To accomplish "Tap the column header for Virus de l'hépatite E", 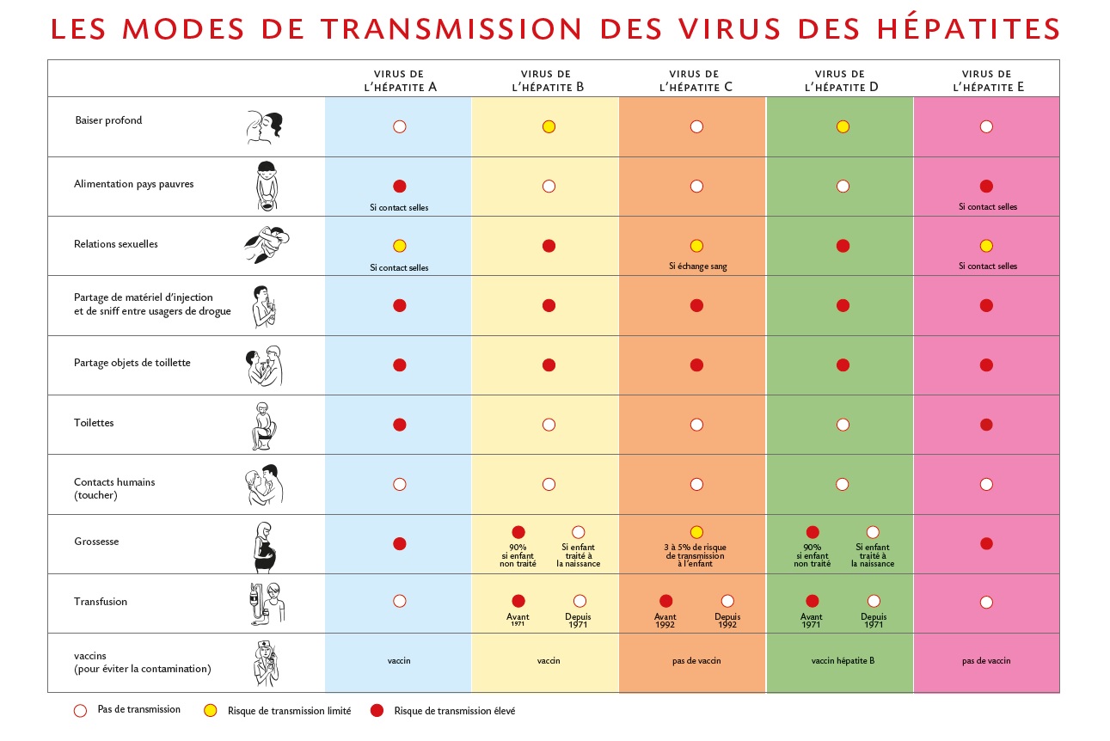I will pos(986,81).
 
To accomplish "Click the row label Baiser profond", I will pos(108,120).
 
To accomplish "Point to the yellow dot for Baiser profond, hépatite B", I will pos(549,126).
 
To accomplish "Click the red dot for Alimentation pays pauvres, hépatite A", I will pos(399,186).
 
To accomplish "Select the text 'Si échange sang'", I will pos(697,266).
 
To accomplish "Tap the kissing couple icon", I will pos(265,126).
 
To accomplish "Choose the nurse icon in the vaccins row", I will pos(266,663).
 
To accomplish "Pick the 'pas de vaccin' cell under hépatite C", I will pos(696,661).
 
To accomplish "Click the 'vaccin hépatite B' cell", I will pos(842,661).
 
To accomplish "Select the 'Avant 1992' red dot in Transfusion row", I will pos(665,601).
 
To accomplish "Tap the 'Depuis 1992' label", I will pos(727,622).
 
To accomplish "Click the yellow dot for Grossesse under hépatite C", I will pos(696,531).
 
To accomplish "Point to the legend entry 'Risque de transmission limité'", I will pos(289,711).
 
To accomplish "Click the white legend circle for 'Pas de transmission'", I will pos(81,711).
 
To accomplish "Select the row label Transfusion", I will pos(101,602).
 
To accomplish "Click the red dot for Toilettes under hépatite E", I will pos(986,424).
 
